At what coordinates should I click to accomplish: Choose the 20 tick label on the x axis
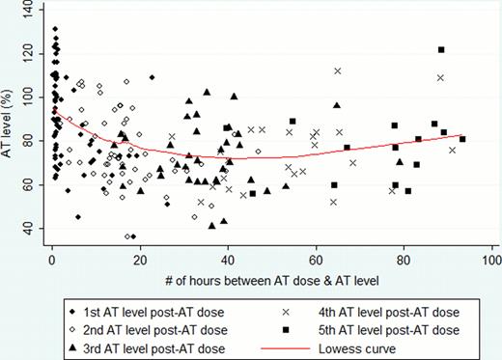pos(140,260)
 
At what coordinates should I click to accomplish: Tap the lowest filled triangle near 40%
pos(212,225)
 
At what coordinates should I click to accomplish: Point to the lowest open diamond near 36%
pos(127,236)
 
